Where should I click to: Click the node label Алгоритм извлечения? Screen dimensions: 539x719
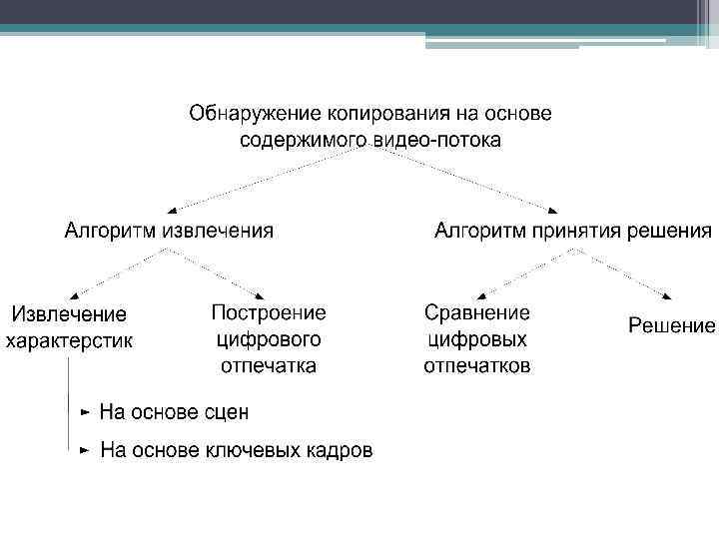[169, 232]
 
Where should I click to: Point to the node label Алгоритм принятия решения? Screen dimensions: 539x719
[572, 232]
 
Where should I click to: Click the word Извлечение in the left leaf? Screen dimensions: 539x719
[69, 314]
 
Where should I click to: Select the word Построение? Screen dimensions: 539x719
[269, 312]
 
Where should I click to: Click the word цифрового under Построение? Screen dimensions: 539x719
[269, 338]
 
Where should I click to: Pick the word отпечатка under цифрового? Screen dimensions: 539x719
[269, 365]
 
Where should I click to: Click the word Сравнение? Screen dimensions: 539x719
[477, 312]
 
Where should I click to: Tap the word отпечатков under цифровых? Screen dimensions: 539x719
[477, 365]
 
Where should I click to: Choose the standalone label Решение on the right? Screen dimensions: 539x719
[672, 325]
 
